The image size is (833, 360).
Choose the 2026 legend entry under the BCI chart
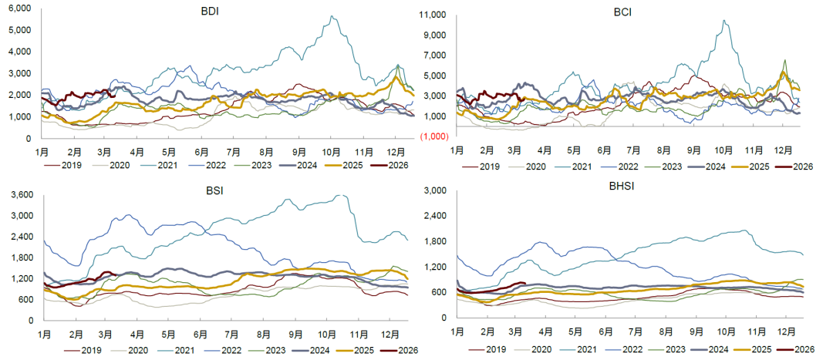(x=803, y=166)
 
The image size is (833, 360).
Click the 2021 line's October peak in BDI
(x=332, y=16)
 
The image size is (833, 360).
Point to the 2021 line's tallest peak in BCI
(x=723, y=21)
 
